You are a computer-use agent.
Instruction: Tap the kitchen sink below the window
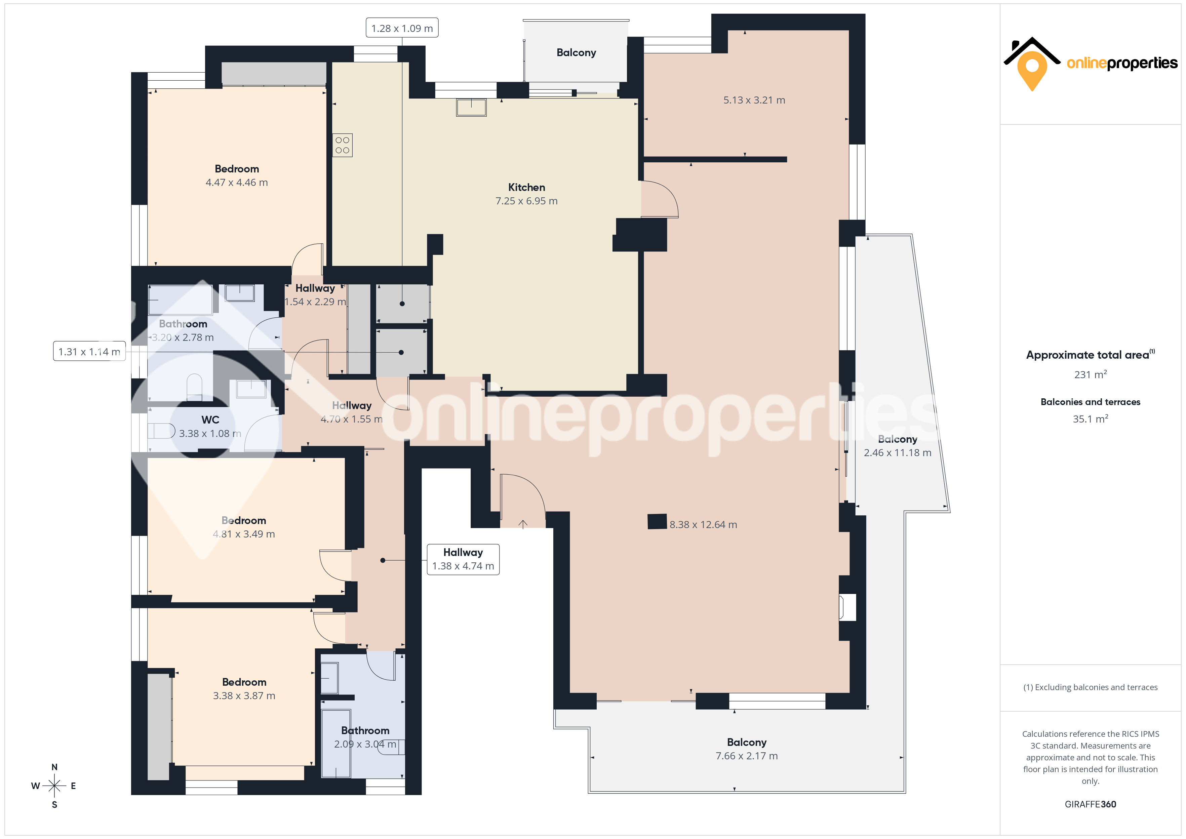[471, 108]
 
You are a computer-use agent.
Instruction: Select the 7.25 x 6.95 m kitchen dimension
[526, 201]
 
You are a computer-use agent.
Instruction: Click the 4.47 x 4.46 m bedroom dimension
[237, 183]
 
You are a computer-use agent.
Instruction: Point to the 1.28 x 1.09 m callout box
[402, 28]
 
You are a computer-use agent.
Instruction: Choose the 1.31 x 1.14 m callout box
[89, 351]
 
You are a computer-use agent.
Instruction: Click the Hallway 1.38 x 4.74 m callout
[463, 559]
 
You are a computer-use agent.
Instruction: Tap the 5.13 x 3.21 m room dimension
[754, 100]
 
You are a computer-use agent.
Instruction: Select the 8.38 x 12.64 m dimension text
[703, 524]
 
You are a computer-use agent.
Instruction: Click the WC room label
[210, 420]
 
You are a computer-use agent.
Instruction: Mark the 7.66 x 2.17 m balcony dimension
[746, 756]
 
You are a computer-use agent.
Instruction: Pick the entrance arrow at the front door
[523, 524]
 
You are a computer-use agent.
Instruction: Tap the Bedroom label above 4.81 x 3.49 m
[244, 520]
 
